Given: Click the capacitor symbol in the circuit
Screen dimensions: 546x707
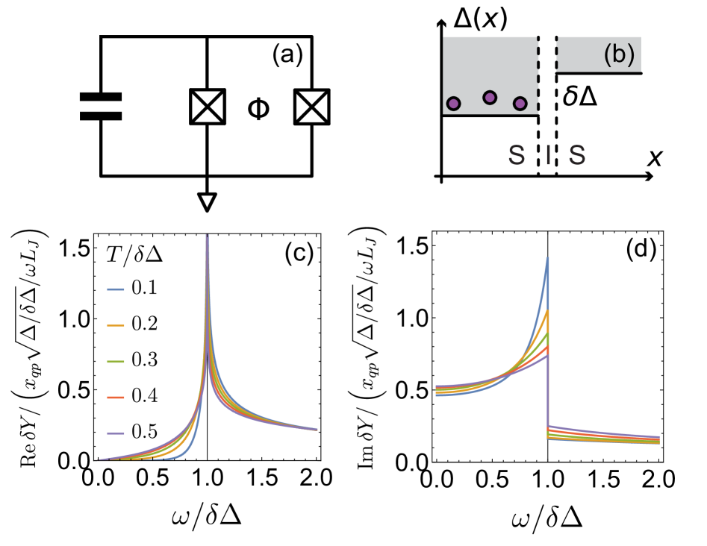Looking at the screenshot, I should click(100, 107).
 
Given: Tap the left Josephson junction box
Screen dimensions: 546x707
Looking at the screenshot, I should click(206, 107).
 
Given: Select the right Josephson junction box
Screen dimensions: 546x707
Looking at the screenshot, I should click(311, 107).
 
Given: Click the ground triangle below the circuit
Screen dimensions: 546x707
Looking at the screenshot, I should click(206, 199).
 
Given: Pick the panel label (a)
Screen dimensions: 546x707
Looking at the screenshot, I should click(288, 54).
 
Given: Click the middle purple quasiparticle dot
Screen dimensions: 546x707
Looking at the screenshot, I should click(490, 97).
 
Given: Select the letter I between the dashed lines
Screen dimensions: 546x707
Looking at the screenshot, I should click(547, 155).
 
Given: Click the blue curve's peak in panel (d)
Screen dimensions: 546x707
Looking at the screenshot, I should click(547, 257).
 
